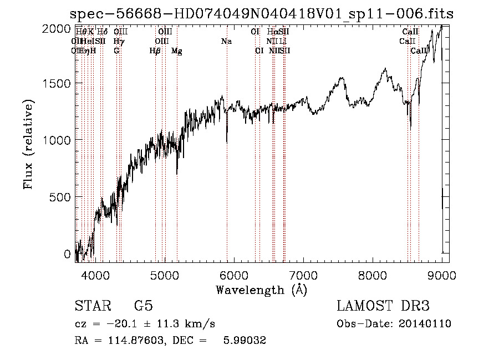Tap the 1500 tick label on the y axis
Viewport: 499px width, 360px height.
pyautogui.click(x=58, y=83)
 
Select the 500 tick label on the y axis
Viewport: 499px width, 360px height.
pyautogui.click(x=61, y=197)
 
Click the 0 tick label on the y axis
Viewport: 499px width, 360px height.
pyautogui.click(x=68, y=254)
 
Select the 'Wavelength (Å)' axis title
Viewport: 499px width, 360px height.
pyautogui.click(x=261, y=289)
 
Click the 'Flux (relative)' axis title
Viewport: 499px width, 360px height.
pyautogui.click(x=28, y=144)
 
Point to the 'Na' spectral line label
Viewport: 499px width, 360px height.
pyautogui.click(x=226, y=41)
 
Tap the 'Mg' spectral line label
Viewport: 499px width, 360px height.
pyautogui.click(x=176, y=51)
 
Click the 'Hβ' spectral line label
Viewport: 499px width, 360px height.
pyautogui.click(x=155, y=51)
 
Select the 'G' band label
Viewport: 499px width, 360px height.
pyautogui.click(x=116, y=51)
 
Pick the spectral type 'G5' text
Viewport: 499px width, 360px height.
pyautogui.click(x=143, y=306)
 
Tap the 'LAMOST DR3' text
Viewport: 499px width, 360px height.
pyautogui.click(x=383, y=306)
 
